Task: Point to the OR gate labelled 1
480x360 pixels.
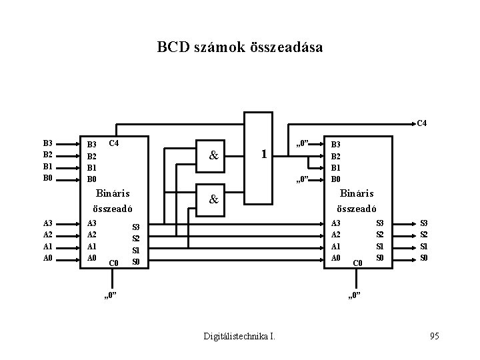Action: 264,154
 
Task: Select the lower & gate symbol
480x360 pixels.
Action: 213,199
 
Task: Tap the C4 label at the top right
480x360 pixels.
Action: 421,123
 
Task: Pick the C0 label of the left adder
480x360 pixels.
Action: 113,263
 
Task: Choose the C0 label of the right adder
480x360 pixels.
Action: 357,263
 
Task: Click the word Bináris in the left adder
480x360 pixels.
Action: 110,194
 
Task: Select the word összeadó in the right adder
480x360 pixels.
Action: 361,209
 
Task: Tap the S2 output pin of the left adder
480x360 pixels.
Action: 135,238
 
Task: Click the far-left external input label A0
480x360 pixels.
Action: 47,258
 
